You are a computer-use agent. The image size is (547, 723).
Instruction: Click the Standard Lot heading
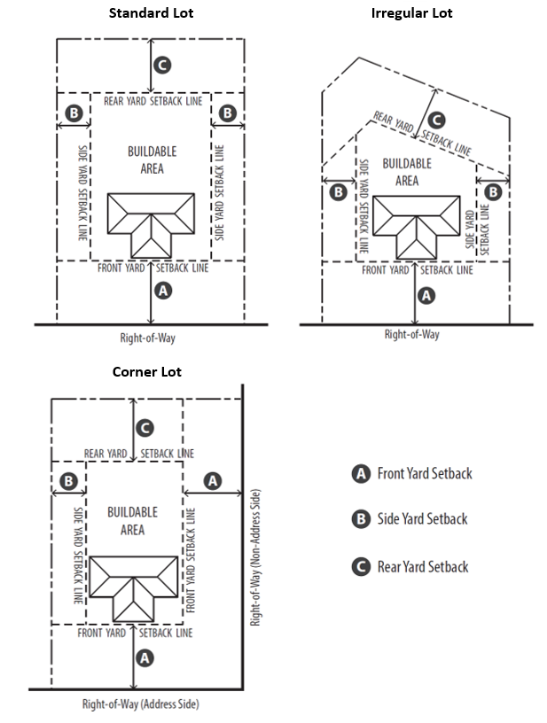point(151,13)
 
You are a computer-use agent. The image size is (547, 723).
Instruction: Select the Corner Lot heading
point(147,371)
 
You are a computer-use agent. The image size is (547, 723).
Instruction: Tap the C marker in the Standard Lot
point(162,65)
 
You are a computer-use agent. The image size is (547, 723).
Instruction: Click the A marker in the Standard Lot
point(162,290)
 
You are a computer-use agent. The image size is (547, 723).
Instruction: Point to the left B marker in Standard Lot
point(74,114)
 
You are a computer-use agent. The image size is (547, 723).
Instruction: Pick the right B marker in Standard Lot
point(228,114)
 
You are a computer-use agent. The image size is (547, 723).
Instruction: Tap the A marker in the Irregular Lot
point(426,296)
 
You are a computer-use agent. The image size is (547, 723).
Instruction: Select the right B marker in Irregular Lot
point(494,191)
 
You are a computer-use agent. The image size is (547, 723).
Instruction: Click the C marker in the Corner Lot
point(145,429)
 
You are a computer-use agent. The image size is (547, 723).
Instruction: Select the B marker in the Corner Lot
point(68,481)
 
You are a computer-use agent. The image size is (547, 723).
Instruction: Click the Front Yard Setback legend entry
point(411,474)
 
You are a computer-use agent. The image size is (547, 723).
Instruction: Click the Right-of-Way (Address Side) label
point(140,705)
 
